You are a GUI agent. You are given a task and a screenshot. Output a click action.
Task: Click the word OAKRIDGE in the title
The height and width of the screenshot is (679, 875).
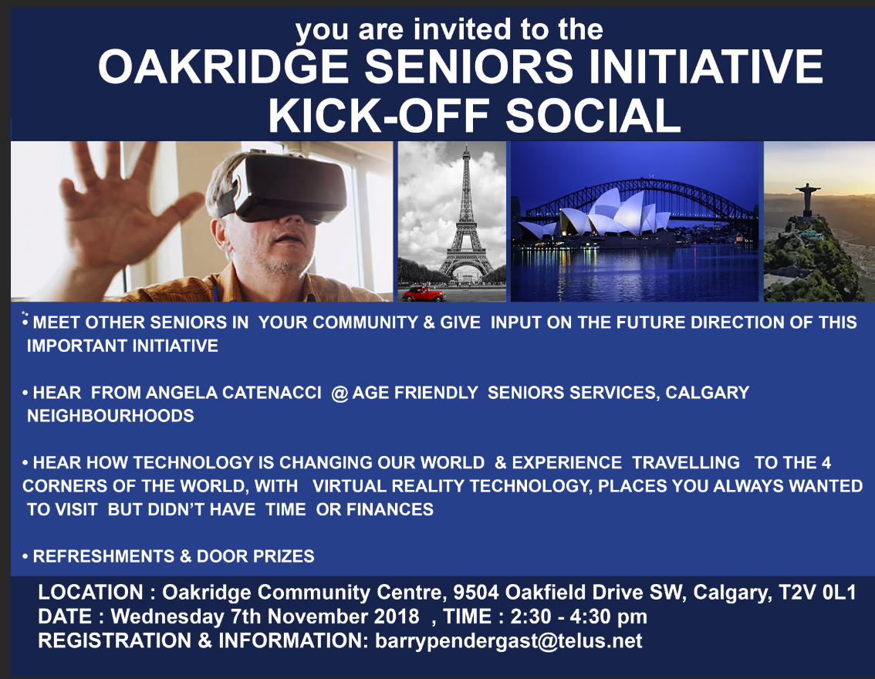click(223, 66)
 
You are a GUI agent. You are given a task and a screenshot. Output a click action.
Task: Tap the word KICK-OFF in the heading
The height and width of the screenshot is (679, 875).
click(379, 116)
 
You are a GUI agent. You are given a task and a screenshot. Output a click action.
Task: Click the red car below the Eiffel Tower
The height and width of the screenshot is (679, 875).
click(424, 294)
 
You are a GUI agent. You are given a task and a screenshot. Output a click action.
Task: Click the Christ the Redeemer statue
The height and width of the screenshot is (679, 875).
click(807, 198)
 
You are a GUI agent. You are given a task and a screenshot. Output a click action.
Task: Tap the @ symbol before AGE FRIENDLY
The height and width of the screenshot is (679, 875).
click(340, 394)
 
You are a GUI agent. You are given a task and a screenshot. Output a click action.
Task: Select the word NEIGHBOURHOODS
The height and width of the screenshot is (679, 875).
click(110, 416)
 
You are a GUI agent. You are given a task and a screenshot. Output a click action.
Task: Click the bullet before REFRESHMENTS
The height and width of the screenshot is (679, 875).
click(25, 557)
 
